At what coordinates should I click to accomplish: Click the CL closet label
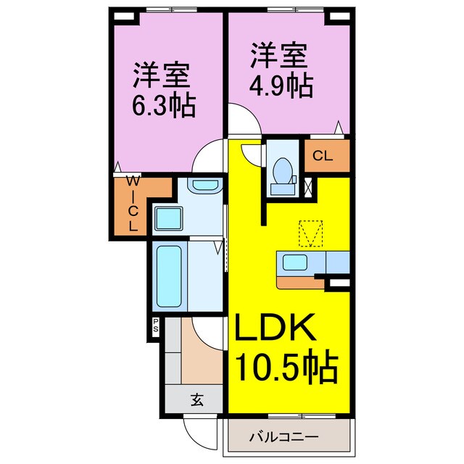(x=323, y=155)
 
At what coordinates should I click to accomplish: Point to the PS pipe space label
(x=156, y=326)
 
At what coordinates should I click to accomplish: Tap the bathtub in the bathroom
(x=170, y=278)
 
